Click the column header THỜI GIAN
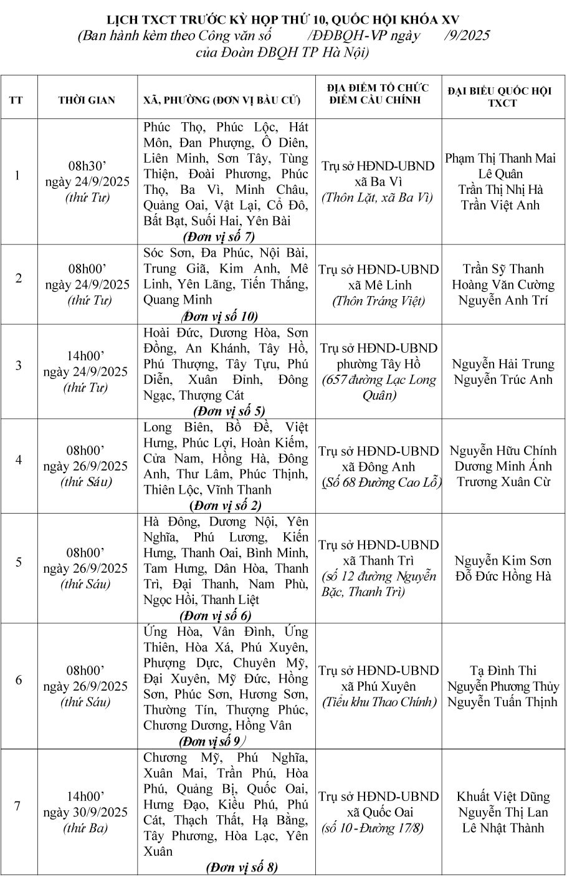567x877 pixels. tap(87, 100)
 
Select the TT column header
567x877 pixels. tap(17, 100)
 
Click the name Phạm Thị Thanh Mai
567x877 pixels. tap(500, 158)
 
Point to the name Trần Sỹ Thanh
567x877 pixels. tap(503, 269)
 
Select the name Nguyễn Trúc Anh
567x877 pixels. tap(503, 380)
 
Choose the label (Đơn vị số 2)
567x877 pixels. tap(226, 506)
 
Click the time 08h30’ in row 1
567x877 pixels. tap(87, 166)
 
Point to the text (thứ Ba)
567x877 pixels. tap(85, 828)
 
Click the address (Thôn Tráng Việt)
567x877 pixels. tap(378, 301)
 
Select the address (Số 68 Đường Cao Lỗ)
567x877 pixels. tap(381, 482)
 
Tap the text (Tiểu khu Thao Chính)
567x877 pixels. tap(378, 702)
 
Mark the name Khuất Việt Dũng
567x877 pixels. tap(503, 797)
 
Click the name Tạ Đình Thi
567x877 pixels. tap(503, 671)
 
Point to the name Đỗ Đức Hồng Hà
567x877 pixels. tap(503, 577)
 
